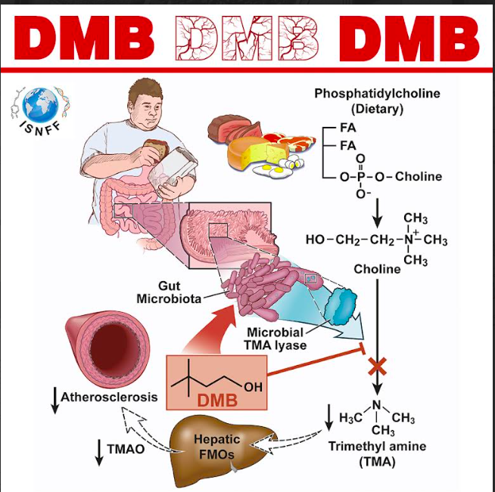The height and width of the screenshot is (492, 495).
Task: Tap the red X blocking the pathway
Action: [377, 367]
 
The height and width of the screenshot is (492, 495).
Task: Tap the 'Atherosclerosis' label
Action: [109, 397]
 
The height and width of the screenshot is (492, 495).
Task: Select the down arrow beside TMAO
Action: [100, 450]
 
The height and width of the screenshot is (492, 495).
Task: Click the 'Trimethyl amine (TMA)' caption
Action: [372, 453]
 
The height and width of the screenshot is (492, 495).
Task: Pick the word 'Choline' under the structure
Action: [377, 269]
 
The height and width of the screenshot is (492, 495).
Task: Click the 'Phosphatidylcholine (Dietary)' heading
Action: [376, 101]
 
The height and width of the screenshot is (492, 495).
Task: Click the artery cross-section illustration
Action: [106, 344]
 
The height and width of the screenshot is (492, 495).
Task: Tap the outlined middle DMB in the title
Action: [247, 37]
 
